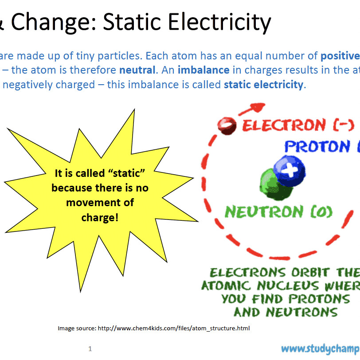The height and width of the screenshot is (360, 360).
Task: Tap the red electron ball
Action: (227, 125)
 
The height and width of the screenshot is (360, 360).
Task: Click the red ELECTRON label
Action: (290, 125)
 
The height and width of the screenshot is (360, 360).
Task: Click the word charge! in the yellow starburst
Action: (100, 218)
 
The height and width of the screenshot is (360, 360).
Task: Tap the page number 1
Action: (90, 349)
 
